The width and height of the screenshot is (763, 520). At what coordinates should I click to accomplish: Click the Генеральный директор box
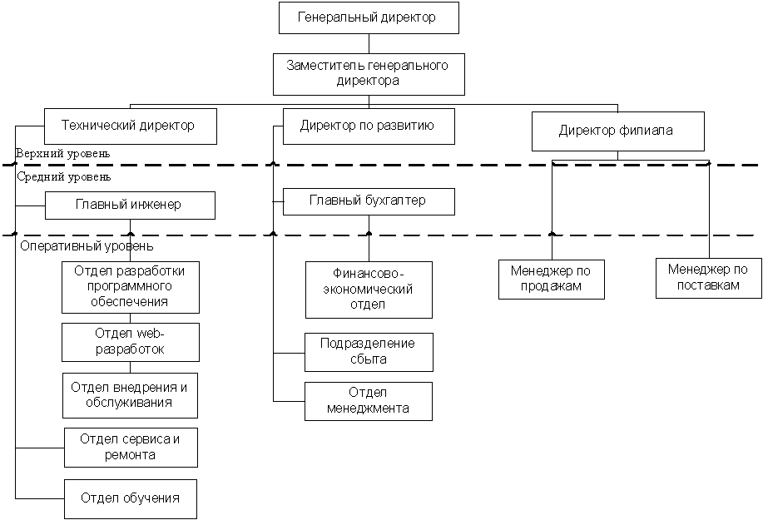[x=369, y=17]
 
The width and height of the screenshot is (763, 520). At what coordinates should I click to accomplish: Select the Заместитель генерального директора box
[x=369, y=74]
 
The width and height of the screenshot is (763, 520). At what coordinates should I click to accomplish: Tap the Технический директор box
[x=130, y=126]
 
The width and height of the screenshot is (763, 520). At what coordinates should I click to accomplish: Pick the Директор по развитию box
[x=369, y=126]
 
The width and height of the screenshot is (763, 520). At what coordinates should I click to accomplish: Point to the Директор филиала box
[x=617, y=131]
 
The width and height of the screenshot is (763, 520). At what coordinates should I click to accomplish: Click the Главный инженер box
[x=130, y=205]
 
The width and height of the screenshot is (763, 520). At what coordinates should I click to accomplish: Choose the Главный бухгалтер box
[x=369, y=201]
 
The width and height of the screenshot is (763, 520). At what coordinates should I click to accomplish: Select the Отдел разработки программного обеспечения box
[x=130, y=286]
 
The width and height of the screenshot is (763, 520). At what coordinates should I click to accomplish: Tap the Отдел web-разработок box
[x=130, y=342]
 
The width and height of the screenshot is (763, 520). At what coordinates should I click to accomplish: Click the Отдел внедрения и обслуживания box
[x=130, y=395]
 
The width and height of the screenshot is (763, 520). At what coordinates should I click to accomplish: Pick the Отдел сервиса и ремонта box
[x=131, y=447]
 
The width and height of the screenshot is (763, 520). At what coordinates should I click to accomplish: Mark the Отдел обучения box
[x=131, y=498]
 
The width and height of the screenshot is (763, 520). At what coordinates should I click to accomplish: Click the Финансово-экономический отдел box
[x=369, y=289]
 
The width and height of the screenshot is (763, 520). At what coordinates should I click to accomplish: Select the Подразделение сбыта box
[x=369, y=352]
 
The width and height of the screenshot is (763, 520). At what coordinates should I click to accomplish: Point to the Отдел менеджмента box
[x=369, y=401]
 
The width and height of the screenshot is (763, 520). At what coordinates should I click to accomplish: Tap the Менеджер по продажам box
[x=551, y=279]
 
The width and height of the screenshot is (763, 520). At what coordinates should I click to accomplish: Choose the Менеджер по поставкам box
[x=708, y=277]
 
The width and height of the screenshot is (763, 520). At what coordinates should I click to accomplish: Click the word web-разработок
[x=130, y=349]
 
